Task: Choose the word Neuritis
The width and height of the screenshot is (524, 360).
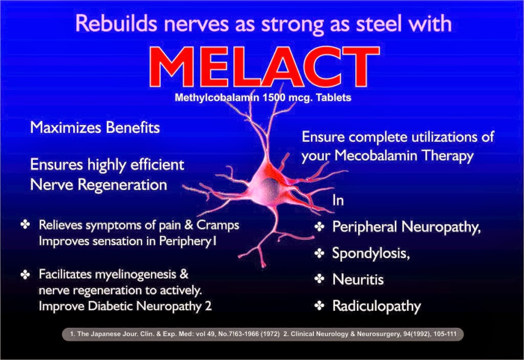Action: (358, 279)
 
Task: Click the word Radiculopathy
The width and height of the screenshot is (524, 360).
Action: (377, 306)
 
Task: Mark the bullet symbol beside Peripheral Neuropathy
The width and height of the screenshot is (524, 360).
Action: (320, 226)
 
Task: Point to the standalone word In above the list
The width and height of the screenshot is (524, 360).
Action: (338, 199)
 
